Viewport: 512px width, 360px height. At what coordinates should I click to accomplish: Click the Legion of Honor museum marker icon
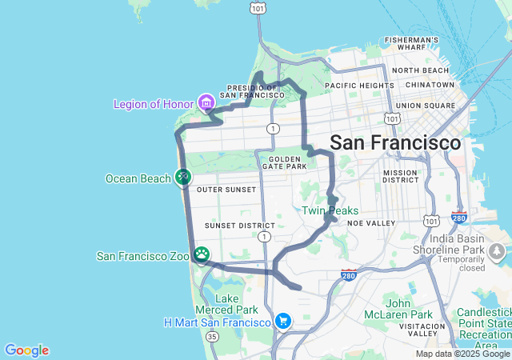(206, 102)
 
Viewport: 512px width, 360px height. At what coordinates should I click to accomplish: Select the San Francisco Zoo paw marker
(202, 255)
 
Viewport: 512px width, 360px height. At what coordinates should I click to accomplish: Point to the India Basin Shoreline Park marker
(497, 253)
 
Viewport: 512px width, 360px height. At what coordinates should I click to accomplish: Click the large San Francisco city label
(395, 142)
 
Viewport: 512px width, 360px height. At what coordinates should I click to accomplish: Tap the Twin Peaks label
(330, 210)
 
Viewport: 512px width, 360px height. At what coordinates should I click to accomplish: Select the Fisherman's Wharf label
(411, 43)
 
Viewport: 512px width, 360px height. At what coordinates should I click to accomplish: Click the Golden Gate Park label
(283, 162)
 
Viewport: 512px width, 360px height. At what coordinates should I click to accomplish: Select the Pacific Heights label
(355, 85)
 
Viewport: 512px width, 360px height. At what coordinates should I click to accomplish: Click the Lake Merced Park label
(236, 304)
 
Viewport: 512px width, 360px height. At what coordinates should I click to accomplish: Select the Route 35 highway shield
(212, 337)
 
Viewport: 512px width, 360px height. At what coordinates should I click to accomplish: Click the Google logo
(26, 350)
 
